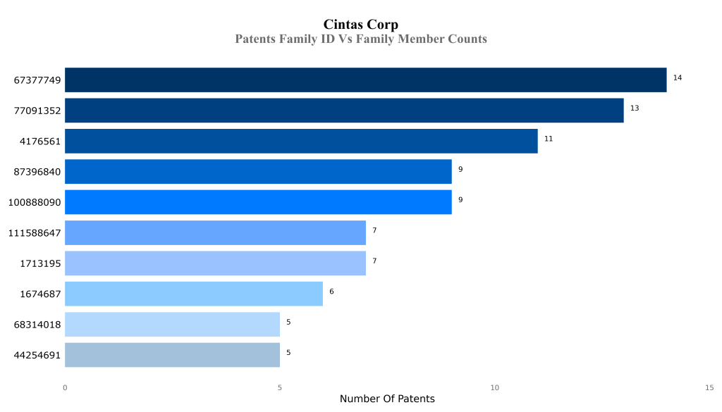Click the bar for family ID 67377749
tap(365, 80)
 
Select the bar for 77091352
tap(344, 111)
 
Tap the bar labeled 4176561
tap(301, 141)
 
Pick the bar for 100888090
tap(258, 202)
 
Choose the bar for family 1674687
tap(194, 294)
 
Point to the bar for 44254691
tap(172, 355)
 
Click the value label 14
tap(677, 77)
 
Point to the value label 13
tap(635, 108)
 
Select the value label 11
tap(548, 139)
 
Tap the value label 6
tap(331, 292)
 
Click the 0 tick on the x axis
tap(65, 387)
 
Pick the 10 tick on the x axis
tap(494, 387)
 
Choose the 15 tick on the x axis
tap(709, 387)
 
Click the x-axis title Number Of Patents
tap(387, 399)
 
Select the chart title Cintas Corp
tap(360, 25)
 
